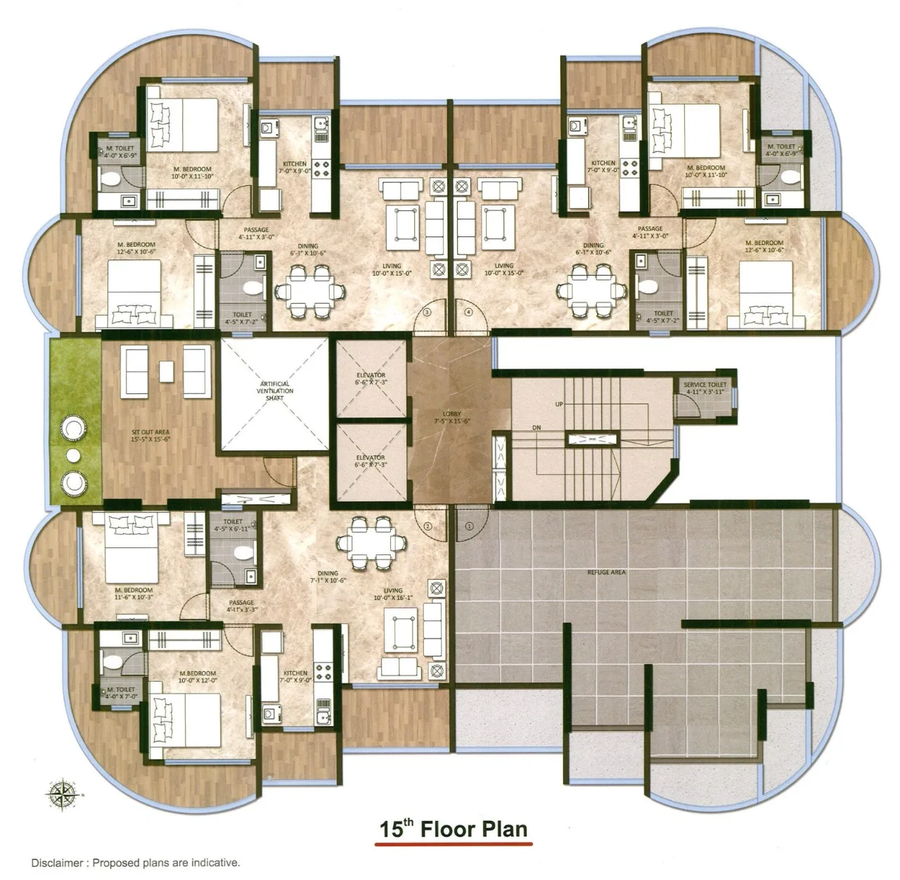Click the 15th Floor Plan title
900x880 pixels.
click(x=454, y=829)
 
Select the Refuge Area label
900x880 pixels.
click(x=606, y=573)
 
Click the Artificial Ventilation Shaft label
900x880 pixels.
click(x=275, y=390)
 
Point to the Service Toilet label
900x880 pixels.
click(x=705, y=388)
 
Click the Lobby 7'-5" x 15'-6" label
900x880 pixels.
click(x=451, y=417)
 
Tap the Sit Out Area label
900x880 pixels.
click(x=150, y=435)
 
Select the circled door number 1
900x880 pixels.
click(x=470, y=525)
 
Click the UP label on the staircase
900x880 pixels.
click(x=559, y=404)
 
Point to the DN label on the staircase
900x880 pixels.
click(x=536, y=427)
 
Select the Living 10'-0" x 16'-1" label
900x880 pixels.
click(x=393, y=594)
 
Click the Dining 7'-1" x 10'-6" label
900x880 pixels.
click(x=328, y=577)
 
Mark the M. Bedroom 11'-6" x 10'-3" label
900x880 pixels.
click(x=134, y=593)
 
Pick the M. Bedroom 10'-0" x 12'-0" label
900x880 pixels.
click(x=198, y=677)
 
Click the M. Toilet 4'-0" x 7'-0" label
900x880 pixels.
click(x=120, y=693)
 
